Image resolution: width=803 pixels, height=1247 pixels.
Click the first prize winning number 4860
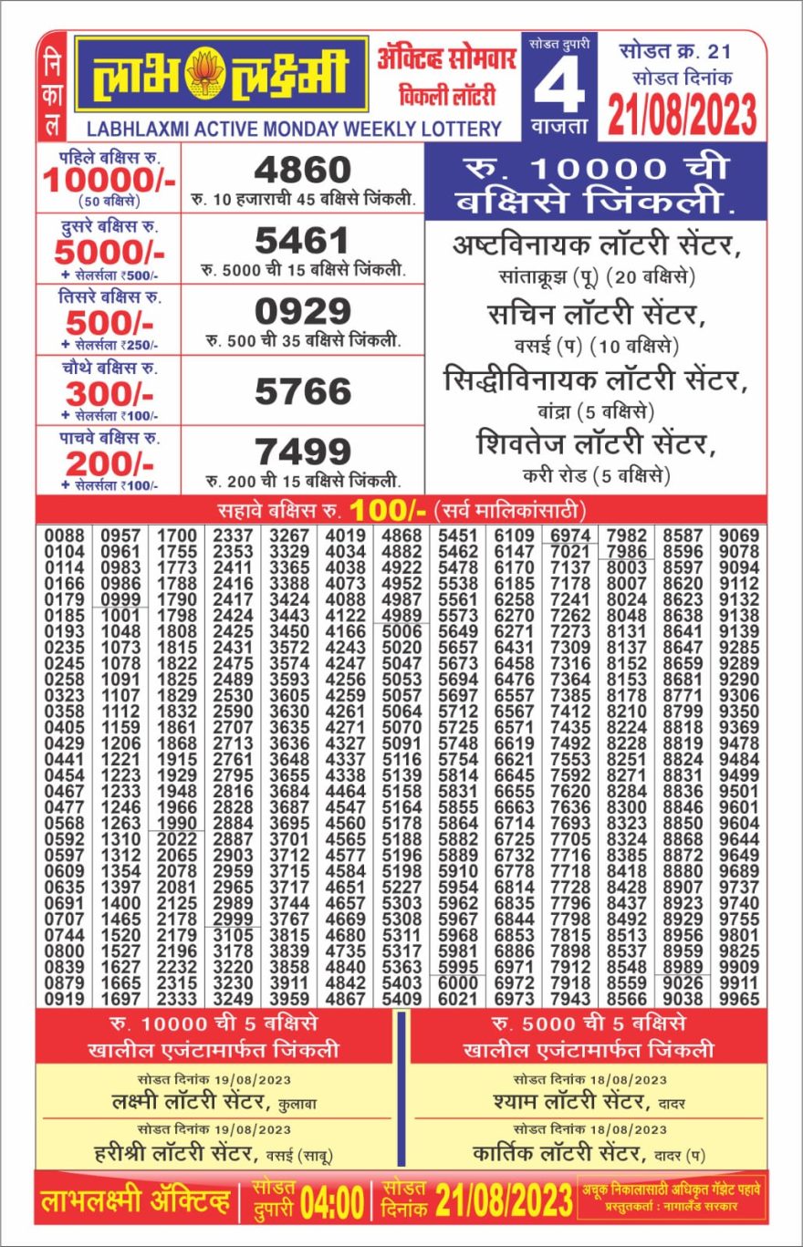[x=302, y=170]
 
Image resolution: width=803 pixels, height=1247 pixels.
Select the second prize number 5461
[x=302, y=242]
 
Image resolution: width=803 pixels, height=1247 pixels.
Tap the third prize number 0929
[x=302, y=312]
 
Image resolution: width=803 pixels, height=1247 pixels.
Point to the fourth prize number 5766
[x=302, y=391]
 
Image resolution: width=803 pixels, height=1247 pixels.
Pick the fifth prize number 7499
[x=302, y=452]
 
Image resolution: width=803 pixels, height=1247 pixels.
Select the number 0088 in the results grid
[x=64, y=535]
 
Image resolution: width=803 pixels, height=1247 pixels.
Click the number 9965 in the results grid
[x=739, y=999]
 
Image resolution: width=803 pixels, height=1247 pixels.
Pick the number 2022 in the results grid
[x=177, y=839]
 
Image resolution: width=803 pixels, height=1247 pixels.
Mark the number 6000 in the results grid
[x=458, y=983]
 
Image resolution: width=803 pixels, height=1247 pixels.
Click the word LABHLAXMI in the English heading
[x=134, y=129]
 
